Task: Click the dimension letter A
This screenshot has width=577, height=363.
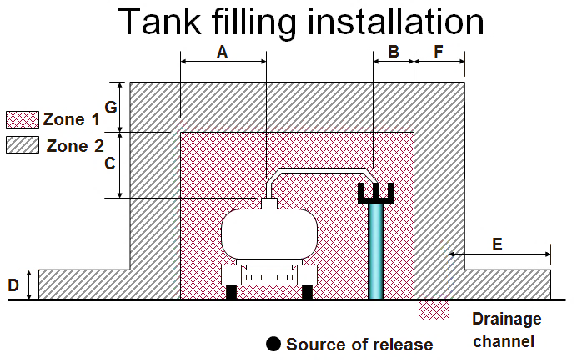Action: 222,52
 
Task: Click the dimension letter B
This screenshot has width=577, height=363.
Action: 393,52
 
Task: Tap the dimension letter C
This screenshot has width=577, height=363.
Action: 109,164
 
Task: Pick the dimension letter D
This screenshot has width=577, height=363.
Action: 14,285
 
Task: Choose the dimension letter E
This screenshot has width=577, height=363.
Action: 498,245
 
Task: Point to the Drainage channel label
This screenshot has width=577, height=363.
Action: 506,330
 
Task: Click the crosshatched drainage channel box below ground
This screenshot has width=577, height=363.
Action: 434,310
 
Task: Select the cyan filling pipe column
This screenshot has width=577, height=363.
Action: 376,251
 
